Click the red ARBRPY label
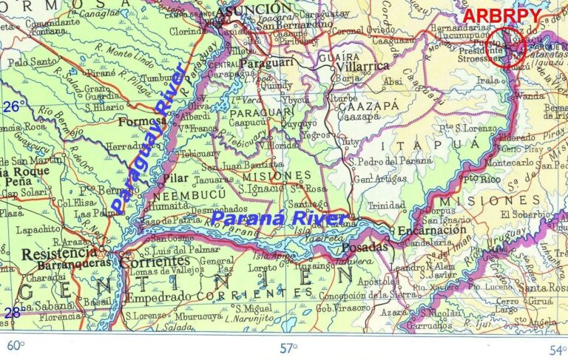pos(501,16)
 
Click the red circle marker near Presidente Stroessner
pos(508,47)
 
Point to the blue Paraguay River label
pos(149,140)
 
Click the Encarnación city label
pos(432,231)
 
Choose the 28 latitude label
pos(13,313)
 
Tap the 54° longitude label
pos(556,347)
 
